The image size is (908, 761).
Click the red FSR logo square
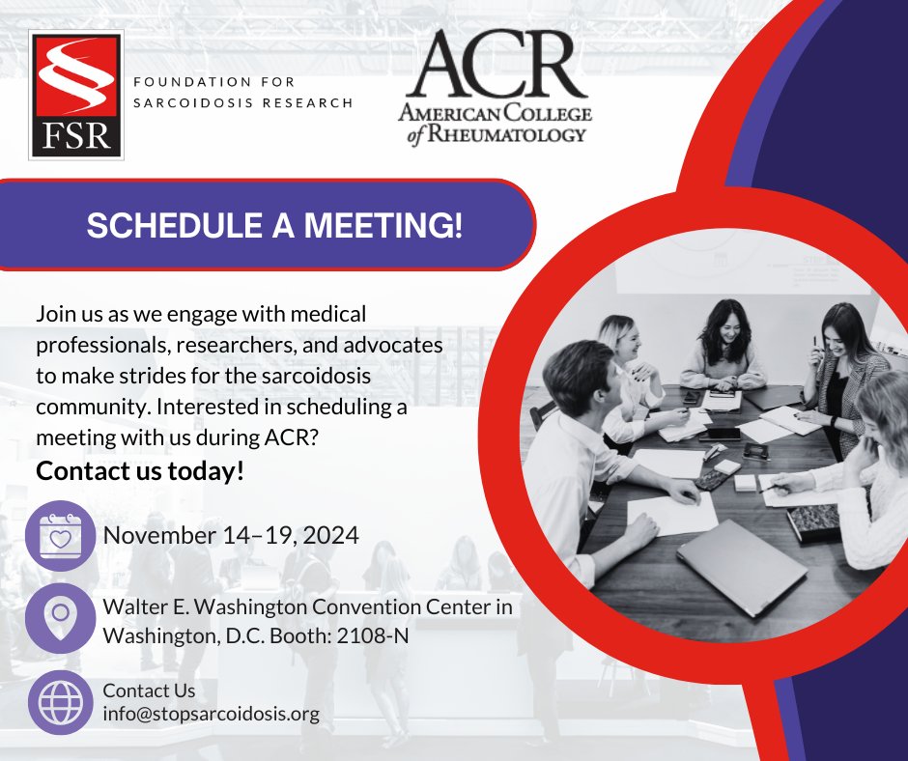75,94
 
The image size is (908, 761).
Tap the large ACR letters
493,65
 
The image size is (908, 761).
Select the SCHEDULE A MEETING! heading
274,225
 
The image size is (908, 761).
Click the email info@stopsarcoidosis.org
211,716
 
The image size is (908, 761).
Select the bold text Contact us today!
140,472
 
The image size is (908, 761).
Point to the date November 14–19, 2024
231,535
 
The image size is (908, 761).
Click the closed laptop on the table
740,567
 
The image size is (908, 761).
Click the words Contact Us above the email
149,691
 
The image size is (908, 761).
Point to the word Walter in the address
134,607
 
